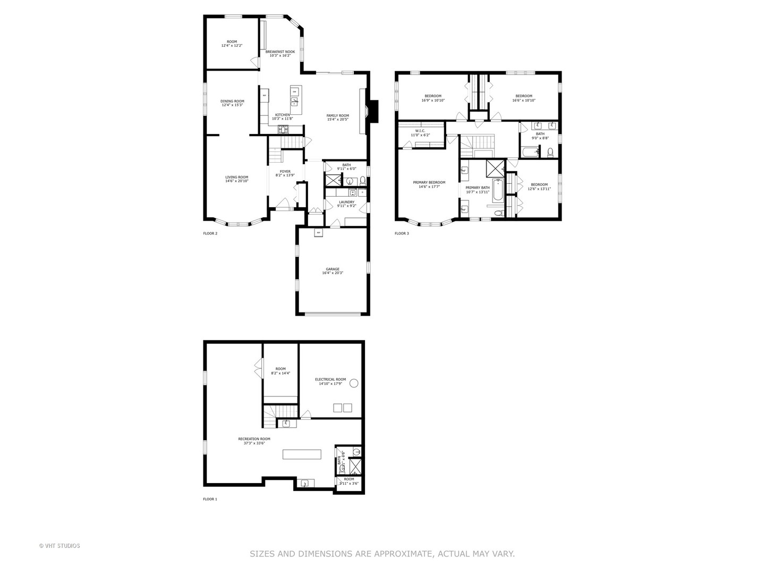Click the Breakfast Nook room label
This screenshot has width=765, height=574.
[280, 52]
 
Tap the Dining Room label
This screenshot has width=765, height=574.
[232, 101]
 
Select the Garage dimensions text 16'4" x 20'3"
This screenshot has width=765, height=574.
[333, 273]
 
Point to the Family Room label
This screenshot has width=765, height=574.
[337, 115]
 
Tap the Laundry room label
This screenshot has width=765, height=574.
[346, 202]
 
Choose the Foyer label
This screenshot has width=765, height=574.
[285, 171]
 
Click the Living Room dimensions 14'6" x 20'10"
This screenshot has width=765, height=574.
[236, 181]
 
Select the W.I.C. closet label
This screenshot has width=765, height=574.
[420, 131]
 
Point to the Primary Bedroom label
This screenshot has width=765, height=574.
[429, 182]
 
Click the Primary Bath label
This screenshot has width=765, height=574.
[478, 188]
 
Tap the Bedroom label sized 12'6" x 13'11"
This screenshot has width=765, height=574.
[539, 184]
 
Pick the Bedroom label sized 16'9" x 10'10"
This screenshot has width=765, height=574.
[433, 96]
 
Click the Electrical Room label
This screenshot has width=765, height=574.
[330, 379]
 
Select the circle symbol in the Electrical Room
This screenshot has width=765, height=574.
[354, 383]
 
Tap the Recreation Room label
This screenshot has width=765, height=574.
[254, 439]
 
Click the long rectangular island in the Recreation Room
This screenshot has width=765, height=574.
[302, 454]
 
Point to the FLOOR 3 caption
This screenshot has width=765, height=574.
[402, 233]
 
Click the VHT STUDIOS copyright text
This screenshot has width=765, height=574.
[59, 546]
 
